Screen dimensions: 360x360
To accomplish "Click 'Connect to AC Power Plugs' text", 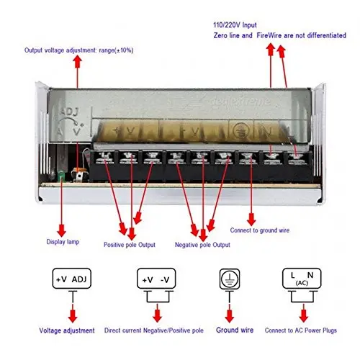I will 304,330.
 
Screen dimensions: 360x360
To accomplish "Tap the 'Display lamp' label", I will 63,241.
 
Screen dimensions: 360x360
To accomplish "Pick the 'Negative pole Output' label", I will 202,245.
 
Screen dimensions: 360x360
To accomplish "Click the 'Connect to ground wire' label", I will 260,230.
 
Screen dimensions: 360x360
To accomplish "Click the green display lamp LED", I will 63,176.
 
